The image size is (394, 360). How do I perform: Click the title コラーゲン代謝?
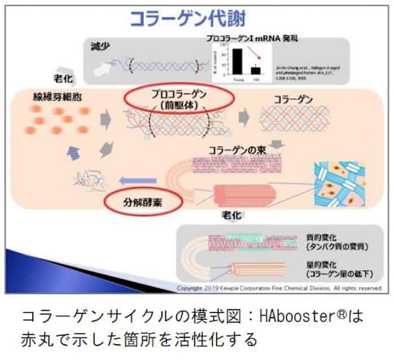(x=189, y=19)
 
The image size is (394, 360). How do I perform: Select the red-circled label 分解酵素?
(x=137, y=200)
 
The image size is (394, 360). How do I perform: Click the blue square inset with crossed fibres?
(x=339, y=183)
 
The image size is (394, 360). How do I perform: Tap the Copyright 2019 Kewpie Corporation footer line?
(x=279, y=288)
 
